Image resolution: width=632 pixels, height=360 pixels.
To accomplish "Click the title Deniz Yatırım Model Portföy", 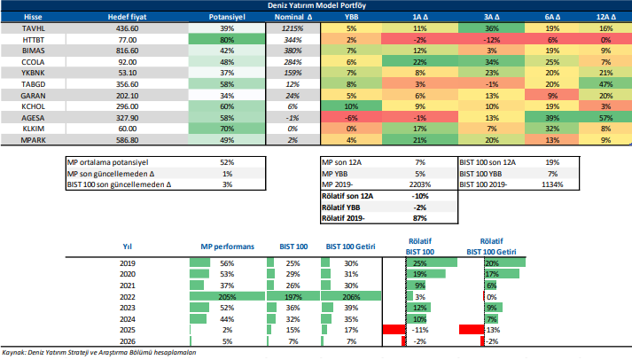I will [316, 5].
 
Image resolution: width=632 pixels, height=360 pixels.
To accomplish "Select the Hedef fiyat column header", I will [127, 17].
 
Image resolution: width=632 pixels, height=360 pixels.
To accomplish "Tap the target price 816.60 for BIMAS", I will [127, 52].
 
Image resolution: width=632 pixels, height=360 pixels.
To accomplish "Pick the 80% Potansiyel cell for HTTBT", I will [225, 41].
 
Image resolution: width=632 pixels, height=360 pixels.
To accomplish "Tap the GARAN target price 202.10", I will [127, 95].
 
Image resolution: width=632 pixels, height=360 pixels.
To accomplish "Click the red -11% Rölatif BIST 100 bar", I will [393, 330].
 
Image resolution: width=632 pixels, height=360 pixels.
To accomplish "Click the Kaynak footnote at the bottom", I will [99, 353].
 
